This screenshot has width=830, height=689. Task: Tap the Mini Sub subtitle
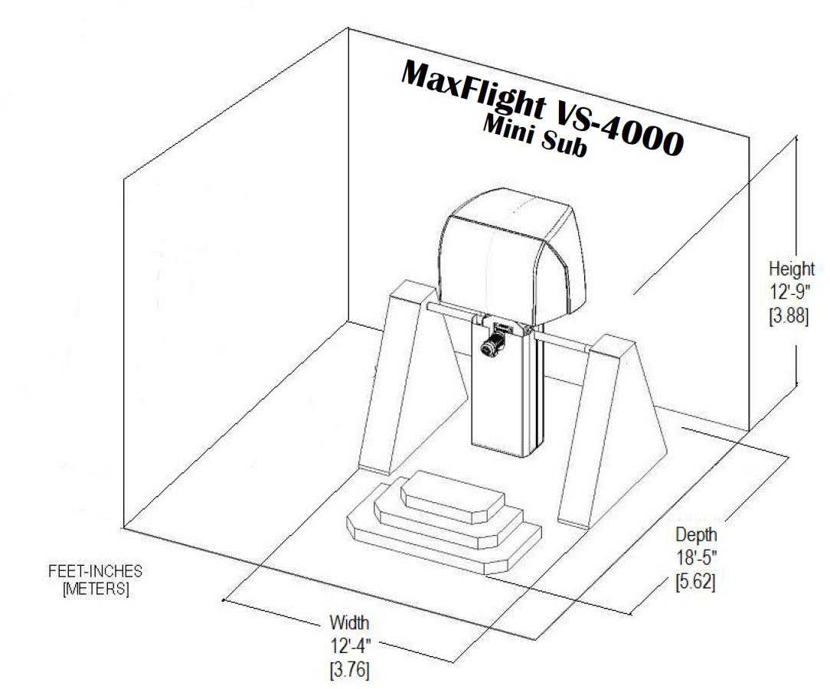pyautogui.click(x=534, y=137)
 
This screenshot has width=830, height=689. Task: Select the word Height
pyautogui.click(x=792, y=269)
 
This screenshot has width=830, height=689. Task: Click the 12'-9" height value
pyautogui.click(x=789, y=292)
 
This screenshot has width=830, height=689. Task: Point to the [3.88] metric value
pyautogui.click(x=789, y=316)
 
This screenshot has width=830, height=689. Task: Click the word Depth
pyautogui.click(x=696, y=535)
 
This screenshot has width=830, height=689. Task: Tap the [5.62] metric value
pyautogui.click(x=695, y=582)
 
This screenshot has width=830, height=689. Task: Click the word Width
pyautogui.click(x=349, y=623)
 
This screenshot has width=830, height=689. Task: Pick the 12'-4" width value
pyautogui.click(x=350, y=646)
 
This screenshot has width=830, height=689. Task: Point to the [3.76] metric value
pyautogui.click(x=349, y=670)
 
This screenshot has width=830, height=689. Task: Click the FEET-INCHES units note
pyautogui.click(x=95, y=572)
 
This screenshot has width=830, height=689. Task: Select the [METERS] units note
pyautogui.click(x=95, y=589)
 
